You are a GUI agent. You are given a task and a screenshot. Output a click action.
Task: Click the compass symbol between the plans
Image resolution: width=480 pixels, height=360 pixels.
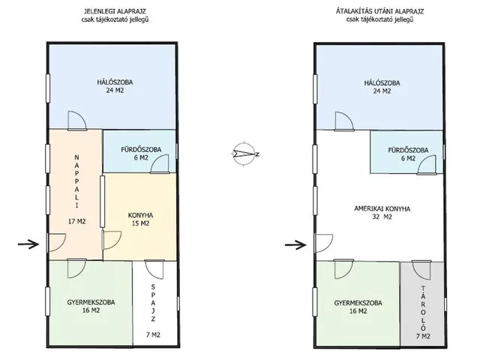244,154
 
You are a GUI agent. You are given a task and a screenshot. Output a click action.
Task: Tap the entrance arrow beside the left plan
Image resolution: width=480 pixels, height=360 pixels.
28,244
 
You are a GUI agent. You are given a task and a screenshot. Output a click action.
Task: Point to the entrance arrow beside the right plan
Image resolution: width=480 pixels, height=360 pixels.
295,244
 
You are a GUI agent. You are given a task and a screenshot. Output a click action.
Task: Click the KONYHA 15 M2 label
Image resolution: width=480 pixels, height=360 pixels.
140,219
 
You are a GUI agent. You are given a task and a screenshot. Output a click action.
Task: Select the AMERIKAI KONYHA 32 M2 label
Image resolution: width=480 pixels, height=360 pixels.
382,213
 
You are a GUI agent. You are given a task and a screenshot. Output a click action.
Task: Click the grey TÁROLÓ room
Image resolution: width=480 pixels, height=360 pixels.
421,304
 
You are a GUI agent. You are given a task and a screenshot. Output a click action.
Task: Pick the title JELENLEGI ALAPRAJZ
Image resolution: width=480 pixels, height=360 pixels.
115,11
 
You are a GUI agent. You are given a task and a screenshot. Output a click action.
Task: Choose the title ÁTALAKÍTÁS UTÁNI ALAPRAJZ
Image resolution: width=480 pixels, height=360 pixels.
380,11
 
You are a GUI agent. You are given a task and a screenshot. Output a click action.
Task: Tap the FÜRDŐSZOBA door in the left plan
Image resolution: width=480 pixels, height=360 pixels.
160,164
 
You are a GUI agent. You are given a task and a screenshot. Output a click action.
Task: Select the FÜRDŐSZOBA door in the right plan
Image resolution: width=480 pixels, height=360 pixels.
427,165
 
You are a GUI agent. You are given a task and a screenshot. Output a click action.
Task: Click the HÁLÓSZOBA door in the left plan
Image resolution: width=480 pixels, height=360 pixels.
77,121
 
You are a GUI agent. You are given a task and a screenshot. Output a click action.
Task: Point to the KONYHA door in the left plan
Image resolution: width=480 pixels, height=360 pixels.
112,241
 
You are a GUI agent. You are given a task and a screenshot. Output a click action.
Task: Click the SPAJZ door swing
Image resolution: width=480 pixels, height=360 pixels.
154,269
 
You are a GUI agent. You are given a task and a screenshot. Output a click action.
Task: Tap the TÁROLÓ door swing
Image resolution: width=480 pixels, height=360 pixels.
421,270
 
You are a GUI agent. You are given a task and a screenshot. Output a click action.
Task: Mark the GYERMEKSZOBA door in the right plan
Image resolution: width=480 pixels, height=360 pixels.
343,268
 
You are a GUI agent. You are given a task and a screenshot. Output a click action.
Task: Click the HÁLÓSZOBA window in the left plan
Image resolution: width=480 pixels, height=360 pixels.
48,88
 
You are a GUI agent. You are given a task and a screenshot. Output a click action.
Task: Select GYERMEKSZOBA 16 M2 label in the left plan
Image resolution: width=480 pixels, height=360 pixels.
91,306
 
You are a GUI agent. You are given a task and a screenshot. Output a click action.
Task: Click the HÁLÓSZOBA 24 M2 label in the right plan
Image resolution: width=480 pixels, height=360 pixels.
382,87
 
